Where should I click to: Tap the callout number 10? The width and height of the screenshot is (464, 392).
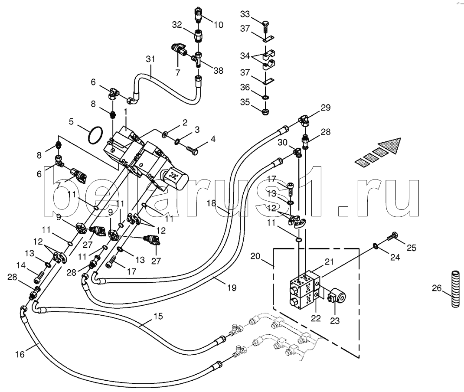click(x=218, y=25)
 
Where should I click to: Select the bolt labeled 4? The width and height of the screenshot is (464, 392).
click(x=192, y=150)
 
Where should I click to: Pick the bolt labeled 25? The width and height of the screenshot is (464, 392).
click(x=393, y=236)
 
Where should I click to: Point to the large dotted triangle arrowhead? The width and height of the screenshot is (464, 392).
click(x=389, y=145)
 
